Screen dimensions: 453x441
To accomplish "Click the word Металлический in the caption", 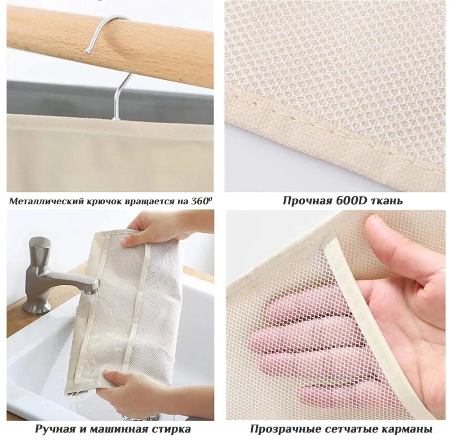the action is point(47,201).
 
